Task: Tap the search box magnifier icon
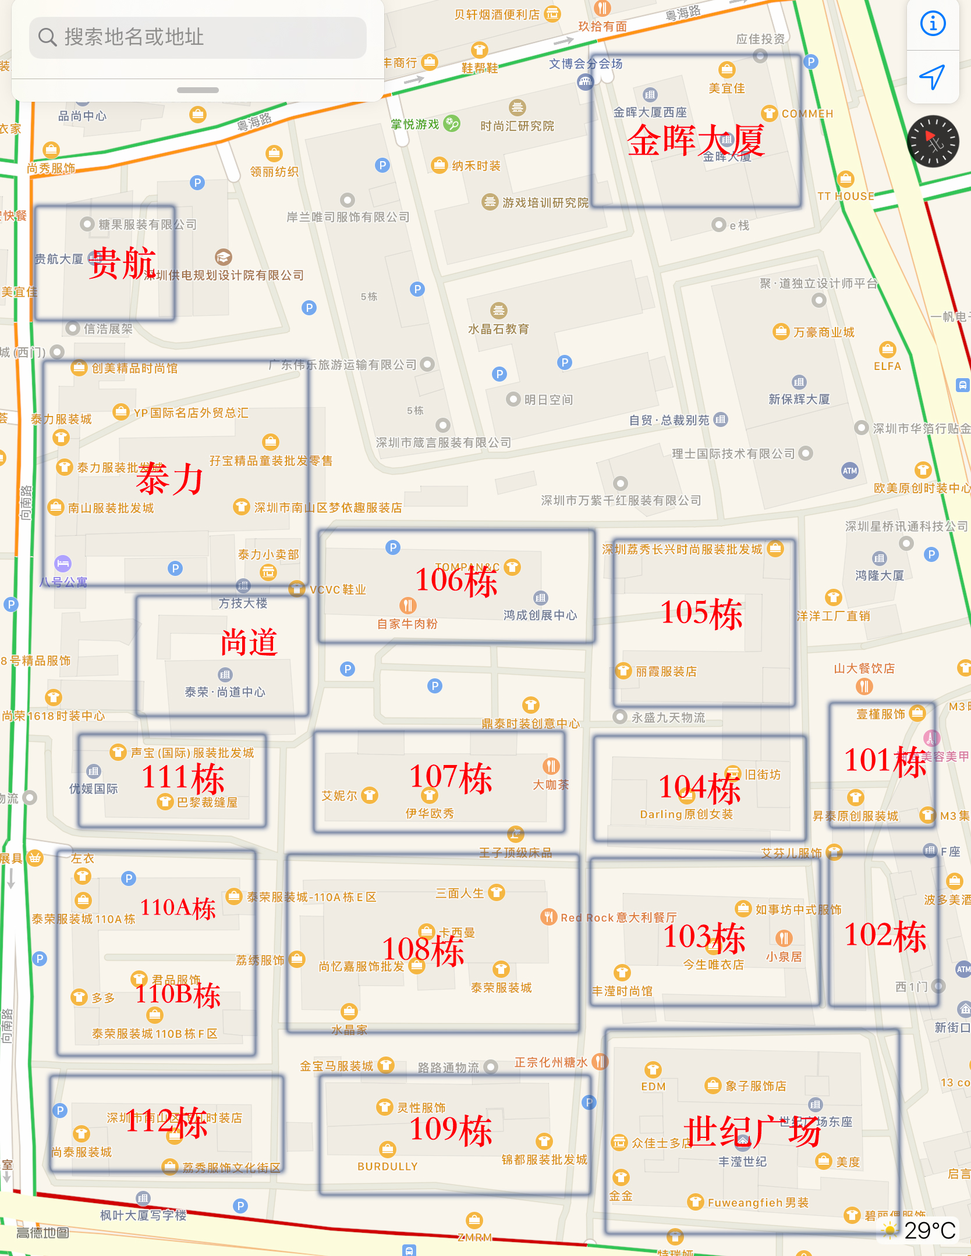pyautogui.click(x=47, y=37)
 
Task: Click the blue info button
pyautogui.click(x=933, y=24)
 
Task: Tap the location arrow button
pyautogui.click(x=932, y=77)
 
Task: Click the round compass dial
pyautogui.click(x=933, y=141)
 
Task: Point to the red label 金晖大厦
pyautogui.click(x=695, y=141)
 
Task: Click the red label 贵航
pyautogui.click(x=122, y=263)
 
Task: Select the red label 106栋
pyautogui.click(x=456, y=581)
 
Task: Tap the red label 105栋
pyautogui.click(x=701, y=614)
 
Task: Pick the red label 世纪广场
pyautogui.click(x=752, y=1132)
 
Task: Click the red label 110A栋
pyautogui.click(x=178, y=908)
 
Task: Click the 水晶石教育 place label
pyautogui.click(x=498, y=329)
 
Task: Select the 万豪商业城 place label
pyautogui.click(x=823, y=332)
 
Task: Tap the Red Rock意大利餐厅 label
pyautogui.click(x=618, y=917)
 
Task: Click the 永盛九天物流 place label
pyautogui.click(x=668, y=717)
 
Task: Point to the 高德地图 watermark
pyautogui.click(x=42, y=1233)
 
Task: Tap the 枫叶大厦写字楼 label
pyautogui.click(x=143, y=1215)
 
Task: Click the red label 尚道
pyautogui.click(x=249, y=643)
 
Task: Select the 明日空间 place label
pyautogui.click(x=548, y=400)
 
